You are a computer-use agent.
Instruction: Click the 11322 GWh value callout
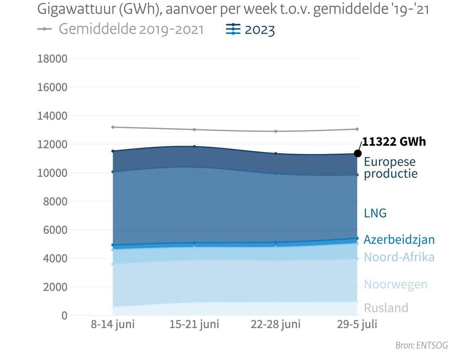394,142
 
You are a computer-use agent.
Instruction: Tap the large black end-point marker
358,153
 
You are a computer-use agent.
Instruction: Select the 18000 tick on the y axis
52,59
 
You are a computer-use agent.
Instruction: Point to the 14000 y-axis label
52,116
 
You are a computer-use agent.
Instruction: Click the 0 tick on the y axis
64,316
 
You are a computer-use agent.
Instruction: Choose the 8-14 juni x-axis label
113,324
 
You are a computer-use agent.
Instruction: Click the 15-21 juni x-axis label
194,324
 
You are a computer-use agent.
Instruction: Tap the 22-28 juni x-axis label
275,324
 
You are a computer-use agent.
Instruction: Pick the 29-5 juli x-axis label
357,324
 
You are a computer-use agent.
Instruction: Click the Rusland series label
386,308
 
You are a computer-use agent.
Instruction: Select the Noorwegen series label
396,284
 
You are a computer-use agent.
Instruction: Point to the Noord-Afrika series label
399,257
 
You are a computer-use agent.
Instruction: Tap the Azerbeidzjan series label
399,239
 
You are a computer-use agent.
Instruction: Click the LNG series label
375,213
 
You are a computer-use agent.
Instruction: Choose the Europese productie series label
390,168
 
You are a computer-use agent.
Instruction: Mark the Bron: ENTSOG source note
422,345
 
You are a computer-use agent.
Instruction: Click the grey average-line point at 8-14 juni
113,127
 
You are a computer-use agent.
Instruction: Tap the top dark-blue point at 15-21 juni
194,146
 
